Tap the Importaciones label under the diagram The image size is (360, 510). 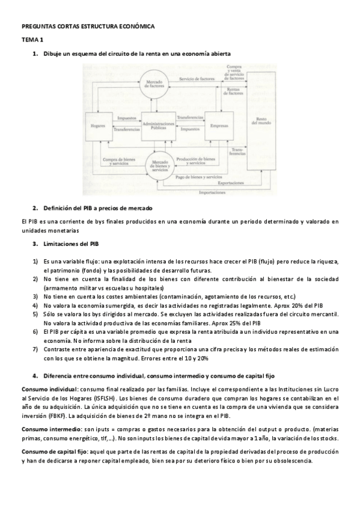pos(214,192)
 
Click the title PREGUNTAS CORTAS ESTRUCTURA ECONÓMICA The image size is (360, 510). pos(88,26)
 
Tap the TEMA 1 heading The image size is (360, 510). pos(32,40)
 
